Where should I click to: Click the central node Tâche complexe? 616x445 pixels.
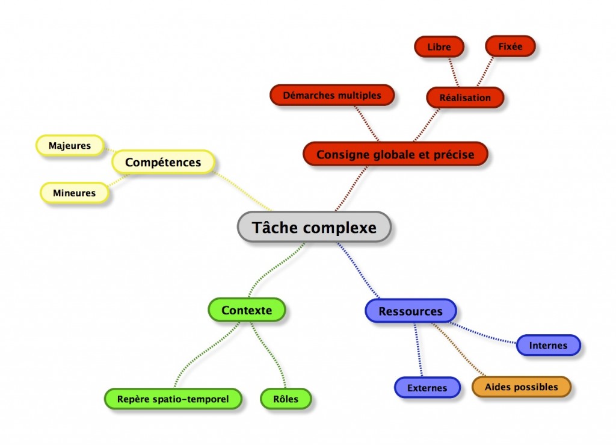(314, 228)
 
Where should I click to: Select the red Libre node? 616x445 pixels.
(439, 46)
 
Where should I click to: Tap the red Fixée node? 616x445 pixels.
(510, 46)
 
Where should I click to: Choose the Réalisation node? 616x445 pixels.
(464, 97)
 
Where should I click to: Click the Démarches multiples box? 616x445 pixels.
(332, 95)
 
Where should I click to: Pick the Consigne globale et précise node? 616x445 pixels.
(395, 154)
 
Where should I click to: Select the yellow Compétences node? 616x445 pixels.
(163, 162)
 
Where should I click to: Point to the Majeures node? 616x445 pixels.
(70, 145)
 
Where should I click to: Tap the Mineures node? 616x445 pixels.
(75, 193)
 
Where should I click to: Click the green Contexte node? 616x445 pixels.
(247, 310)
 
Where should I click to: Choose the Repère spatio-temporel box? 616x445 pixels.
(173, 399)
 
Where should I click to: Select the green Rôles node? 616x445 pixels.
(286, 399)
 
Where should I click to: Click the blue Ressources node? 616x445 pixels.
(410, 311)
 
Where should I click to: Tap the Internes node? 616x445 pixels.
(548, 345)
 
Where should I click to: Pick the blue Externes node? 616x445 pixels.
(427, 387)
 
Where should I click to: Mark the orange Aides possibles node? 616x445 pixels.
(521, 387)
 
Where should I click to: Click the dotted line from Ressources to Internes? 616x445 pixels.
(484, 335)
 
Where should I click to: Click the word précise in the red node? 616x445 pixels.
(454, 155)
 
